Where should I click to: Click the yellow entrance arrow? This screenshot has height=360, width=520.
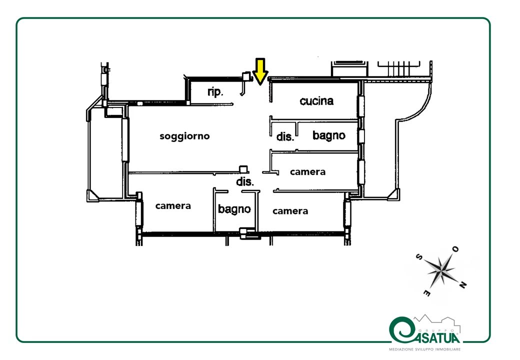260,71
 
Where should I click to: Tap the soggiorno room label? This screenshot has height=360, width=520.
184,136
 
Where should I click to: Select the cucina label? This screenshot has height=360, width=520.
316,101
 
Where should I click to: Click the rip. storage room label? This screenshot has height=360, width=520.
215,91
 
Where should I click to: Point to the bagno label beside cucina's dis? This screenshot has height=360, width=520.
329,135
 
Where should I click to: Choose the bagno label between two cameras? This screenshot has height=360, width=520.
234,209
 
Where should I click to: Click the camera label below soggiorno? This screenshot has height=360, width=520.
173,206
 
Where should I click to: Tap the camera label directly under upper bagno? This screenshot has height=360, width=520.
308,171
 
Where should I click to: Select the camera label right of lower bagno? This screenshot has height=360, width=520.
290,211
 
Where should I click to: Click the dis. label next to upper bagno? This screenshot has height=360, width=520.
285,136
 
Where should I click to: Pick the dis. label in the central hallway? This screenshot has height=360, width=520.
244,181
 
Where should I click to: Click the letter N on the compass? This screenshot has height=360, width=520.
463,284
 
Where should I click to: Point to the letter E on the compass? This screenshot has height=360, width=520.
427,293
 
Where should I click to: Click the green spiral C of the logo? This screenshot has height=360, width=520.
402,329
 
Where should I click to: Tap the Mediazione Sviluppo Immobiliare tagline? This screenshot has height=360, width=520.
425,349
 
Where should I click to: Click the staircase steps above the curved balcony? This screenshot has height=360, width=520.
398,68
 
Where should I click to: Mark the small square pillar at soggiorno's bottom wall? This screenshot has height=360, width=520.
244,169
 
